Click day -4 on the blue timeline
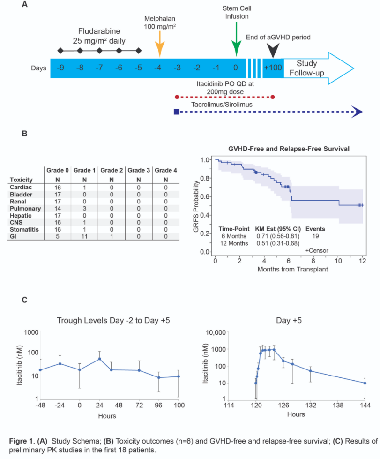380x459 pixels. coord(159,68)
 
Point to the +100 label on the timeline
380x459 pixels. coord(273,68)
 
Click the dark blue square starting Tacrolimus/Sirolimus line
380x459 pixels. coord(176,112)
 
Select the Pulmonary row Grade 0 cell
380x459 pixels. coord(58,208)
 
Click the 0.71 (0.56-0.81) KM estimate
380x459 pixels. coord(276,236)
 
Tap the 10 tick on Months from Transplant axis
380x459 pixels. coord(338,261)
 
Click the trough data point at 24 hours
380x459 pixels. coord(99,359)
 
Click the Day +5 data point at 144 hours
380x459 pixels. coord(365,383)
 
